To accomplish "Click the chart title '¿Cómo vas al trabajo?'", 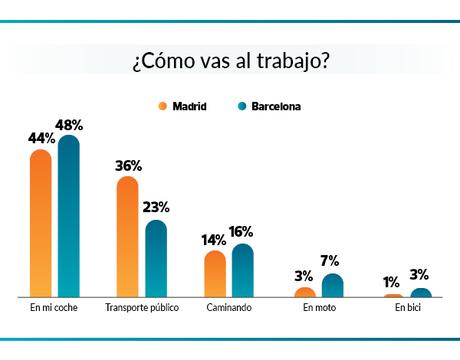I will (x=230, y=61).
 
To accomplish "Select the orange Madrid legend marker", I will (x=163, y=106).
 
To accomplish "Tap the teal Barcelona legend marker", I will (x=241, y=106).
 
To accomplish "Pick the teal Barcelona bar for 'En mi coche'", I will (x=69, y=217).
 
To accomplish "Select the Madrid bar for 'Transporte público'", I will (x=127, y=237).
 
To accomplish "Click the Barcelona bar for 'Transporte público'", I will (x=156, y=259).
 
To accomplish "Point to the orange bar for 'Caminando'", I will (x=215, y=273).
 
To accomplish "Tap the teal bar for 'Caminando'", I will (x=242, y=270).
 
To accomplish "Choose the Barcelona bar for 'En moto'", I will (x=332, y=286).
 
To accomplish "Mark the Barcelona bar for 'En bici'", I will (x=421, y=293).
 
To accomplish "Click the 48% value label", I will (x=69, y=125).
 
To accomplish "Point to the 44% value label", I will (x=41, y=139).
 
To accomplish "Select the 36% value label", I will (x=128, y=165).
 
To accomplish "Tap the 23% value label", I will (x=156, y=208).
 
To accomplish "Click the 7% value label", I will (x=330, y=260).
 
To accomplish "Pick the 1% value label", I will (x=393, y=282).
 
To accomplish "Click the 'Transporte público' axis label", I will (x=142, y=308).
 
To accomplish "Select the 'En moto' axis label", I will (x=319, y=308).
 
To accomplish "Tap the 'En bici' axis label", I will (x=408, y=308).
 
